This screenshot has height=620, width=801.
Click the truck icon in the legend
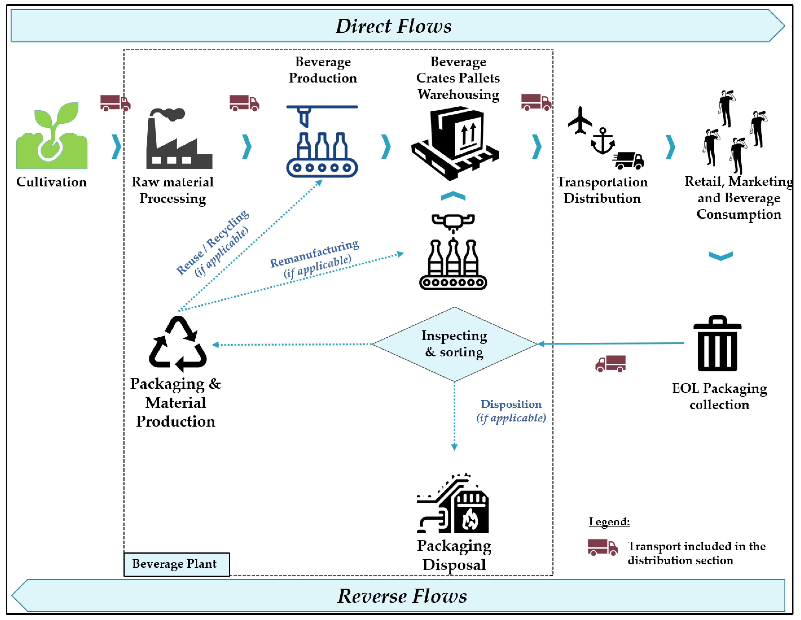click(x=603, y=547)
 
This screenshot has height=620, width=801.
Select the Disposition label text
click(x=511, y=404)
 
